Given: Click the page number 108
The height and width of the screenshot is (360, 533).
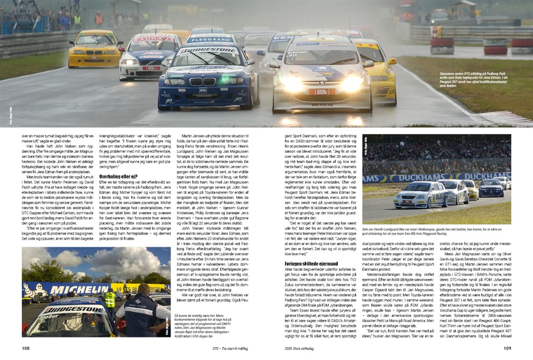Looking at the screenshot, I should pos(26,347).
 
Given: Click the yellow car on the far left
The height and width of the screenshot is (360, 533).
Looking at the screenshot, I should pos(95,49).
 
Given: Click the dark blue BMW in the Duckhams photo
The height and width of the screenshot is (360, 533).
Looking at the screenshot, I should pos(491,188).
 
